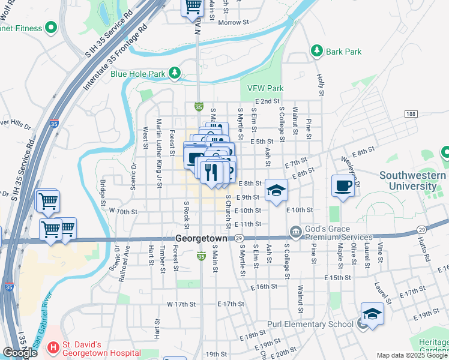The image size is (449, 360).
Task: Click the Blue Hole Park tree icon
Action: pyautogui.click(x=175, y=73)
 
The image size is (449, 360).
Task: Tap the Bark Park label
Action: pyautogui.click(x=343, y=52)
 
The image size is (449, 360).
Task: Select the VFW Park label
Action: pyautogui.click(x=265, y=88)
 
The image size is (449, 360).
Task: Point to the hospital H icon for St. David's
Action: pyautogui.click(x=53, y=347)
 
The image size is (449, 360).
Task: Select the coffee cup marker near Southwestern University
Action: pyautogui.click(x=342, y=186)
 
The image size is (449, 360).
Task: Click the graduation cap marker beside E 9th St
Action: pyautogui.click(x=276, y=191)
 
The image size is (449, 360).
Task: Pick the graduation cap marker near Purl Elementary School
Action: pyautogui.click(x=372, y=314)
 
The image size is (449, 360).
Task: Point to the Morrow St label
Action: pyautogui.click(x=234, y=22)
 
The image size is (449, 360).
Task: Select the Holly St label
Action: pyautogui.click(x=321, y=85)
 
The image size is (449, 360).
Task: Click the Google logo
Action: pyautogui.click(x=20, y=352)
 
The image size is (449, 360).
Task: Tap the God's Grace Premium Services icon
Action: pyautogui.click(x=295, y=232)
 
